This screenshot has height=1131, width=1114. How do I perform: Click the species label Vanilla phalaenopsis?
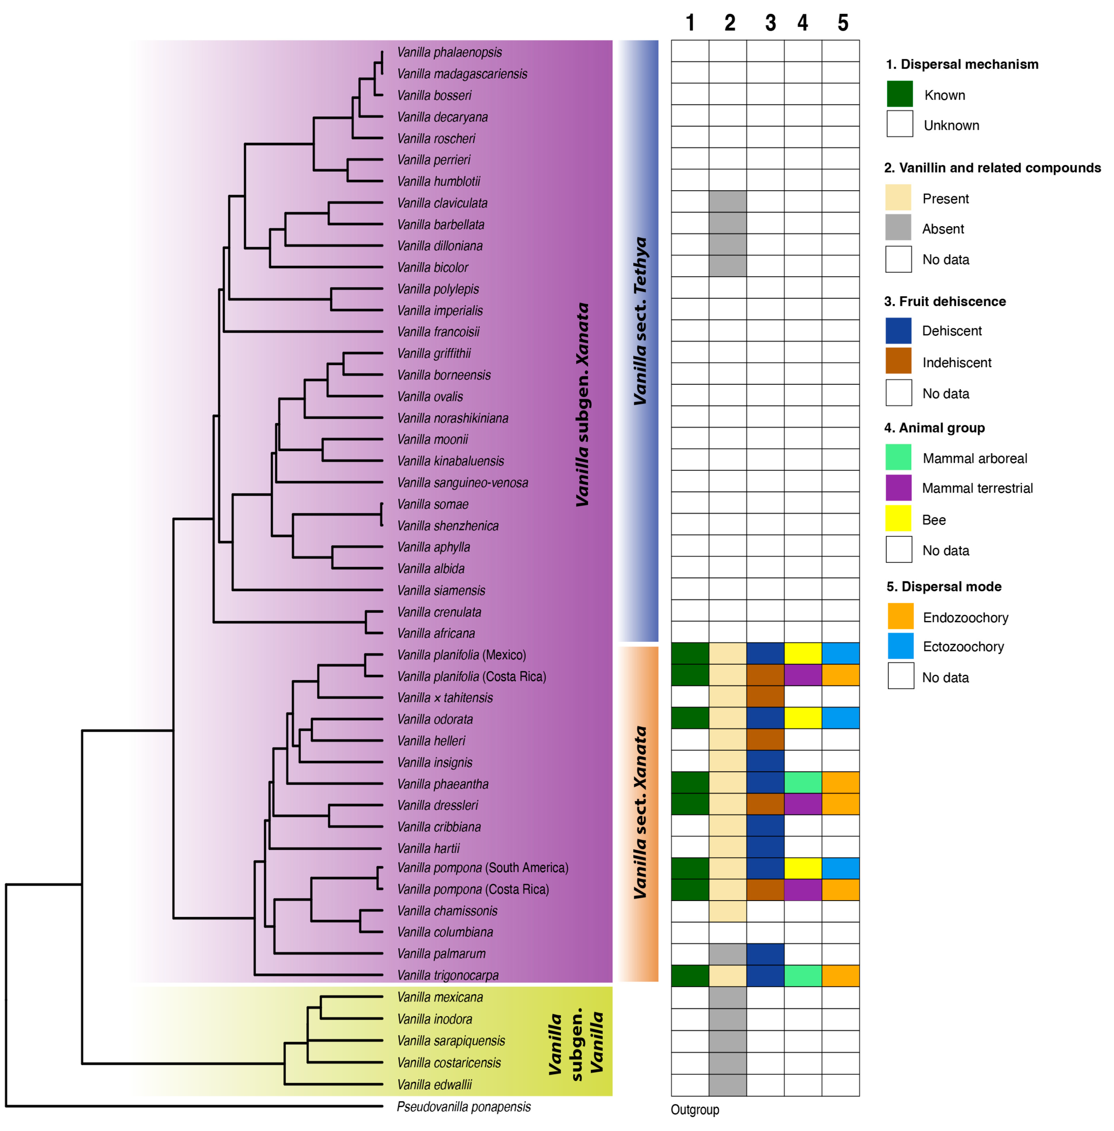tap(449, 52)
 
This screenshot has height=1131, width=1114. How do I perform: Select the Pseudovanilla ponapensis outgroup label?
tap(463, 1106)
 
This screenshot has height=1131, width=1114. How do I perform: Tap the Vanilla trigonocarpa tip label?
tap(448, 975)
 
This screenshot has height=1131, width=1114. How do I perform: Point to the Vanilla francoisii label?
tap(438, 332)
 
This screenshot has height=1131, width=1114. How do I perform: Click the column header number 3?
tap(770, 23)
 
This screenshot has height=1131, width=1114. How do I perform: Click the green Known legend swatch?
tap(899, 94)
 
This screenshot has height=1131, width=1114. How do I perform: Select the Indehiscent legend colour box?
tap(898, 361)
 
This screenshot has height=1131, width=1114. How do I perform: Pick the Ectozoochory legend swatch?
tap(900, 646)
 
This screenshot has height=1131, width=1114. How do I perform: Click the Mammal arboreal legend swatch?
tap(898, 457)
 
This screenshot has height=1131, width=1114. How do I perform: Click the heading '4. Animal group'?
tap(934, 428)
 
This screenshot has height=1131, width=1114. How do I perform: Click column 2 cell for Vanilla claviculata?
tap(727, 201)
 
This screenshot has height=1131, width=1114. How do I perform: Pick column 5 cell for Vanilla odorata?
tap(840, 718)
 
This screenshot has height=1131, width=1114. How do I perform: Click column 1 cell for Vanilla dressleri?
tap(690, 804)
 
